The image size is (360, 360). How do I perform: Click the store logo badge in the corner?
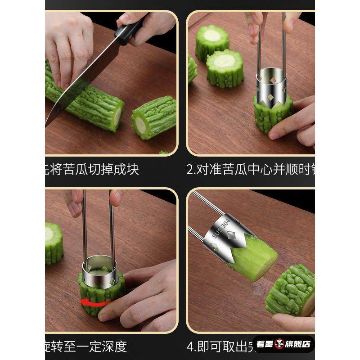pyautogui.click(x=283, y=344)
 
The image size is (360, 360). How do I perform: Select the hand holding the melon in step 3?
pyautogui.click(x=144, y=292)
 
